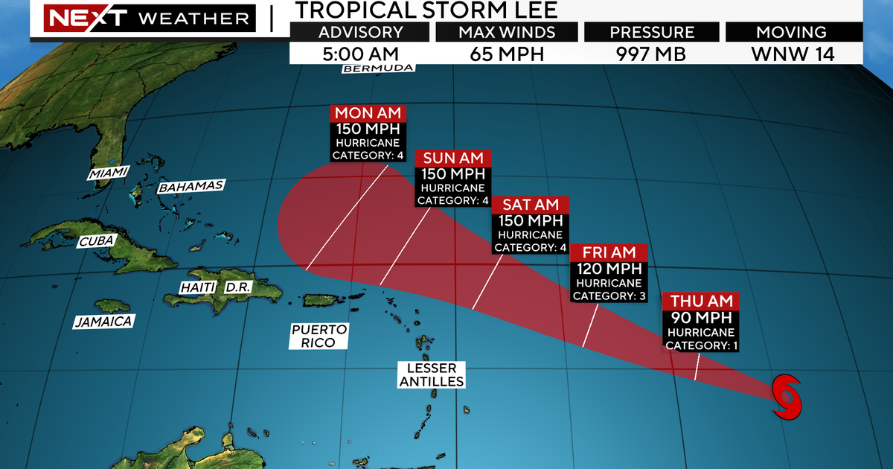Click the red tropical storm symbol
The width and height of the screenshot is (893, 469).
(788, 396)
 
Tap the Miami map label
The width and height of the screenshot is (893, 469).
(108, 173)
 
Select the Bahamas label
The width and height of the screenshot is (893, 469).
(191, 186)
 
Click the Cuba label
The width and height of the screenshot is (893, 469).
(96, 241)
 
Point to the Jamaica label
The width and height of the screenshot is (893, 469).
(103, 322)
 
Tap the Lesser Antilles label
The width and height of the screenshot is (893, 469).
(432, 374)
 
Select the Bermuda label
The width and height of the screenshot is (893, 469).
(378, 68)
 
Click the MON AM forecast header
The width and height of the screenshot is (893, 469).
(369, 113)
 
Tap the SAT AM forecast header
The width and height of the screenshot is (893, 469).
(532, 205)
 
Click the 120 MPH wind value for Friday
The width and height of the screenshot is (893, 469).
(609, 269)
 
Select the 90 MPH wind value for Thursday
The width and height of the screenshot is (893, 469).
(700, 318)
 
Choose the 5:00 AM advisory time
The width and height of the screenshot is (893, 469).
(360, 54)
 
